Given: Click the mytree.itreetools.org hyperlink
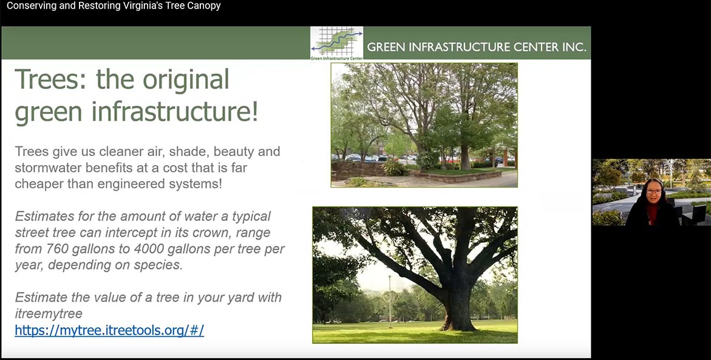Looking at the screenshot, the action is pos(109,330).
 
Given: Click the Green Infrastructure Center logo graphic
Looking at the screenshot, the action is pos(336,43).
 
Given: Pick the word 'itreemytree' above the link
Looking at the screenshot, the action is pos(49,314).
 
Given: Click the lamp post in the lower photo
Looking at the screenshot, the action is pos(390,301).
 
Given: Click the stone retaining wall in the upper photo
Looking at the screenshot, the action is pos(358,171).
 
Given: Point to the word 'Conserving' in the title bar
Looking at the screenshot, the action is pos(32,6).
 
